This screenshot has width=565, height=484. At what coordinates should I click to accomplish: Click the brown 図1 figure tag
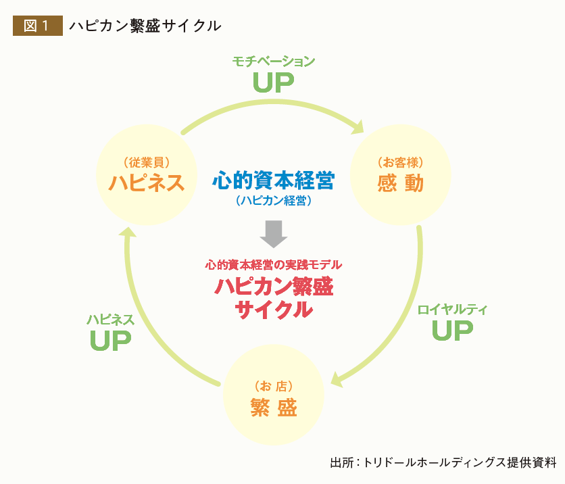coord(37,26)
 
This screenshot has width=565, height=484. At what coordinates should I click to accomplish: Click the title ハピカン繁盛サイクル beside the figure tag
coord(145,26)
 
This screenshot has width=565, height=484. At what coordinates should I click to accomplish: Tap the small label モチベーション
coord(274,62)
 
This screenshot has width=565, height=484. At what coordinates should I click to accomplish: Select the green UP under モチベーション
coord(274,82)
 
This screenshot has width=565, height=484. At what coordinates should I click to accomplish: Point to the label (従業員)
coord(147,162)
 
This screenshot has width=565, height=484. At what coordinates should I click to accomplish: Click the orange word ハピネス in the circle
coord(147,183)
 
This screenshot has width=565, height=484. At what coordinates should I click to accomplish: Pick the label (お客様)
coord(401,162)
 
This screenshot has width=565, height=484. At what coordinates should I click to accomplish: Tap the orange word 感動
coord(401,183)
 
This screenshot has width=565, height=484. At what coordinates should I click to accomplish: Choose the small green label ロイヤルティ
coord(452,310)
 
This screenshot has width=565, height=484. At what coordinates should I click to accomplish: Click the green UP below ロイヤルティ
coord(452,331)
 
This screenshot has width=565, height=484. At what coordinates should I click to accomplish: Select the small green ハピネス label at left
coord(111,320)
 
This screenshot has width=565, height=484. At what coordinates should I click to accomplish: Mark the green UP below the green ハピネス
coord(111,341)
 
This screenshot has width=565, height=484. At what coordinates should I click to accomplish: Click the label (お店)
coord(274,387)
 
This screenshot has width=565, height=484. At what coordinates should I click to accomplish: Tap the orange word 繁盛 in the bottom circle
coord(274,408)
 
